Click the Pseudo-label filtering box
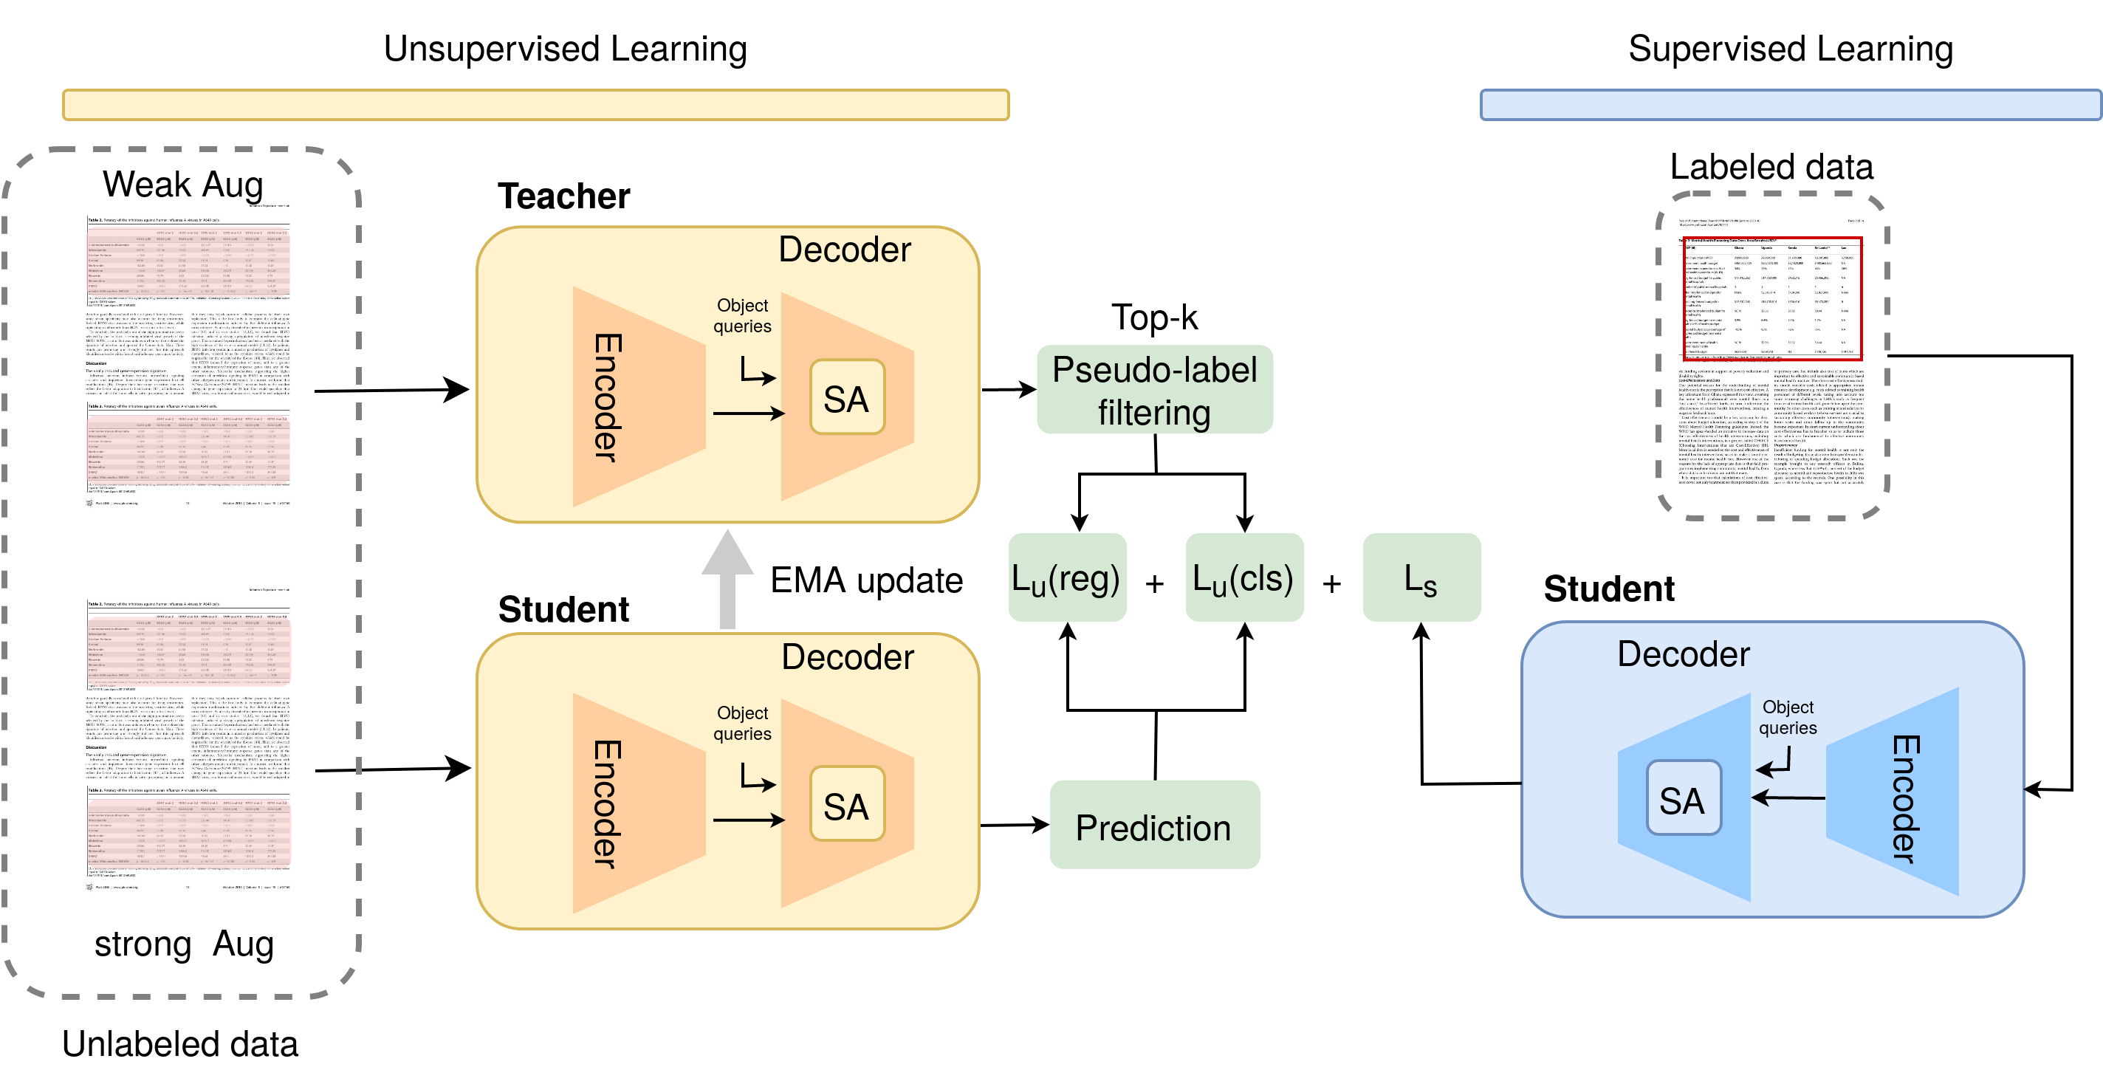pos(1153,390)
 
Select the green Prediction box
pos(1153,826)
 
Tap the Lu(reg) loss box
pos(1066,578)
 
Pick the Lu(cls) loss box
pos(1243,578)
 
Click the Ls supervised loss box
pos(1421,578)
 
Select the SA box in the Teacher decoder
pos(846,397)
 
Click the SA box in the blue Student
pos(1683,798)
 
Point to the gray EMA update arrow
pos(727,580)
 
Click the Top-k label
pos(1153,318)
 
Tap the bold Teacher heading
pos(563,196)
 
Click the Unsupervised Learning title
pos(565,49)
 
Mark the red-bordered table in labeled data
pos(1771,298)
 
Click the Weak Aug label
pos(182,185)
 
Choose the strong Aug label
pos(184,944)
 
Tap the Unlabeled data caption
pos(179,1044)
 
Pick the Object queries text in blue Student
pos(1787,718)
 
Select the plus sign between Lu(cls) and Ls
pos(1331,583)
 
